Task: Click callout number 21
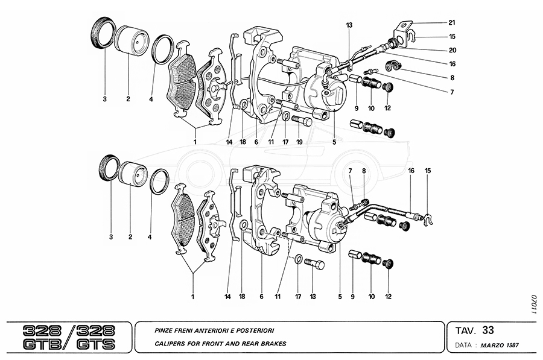(451, 23)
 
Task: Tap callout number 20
(451, 50)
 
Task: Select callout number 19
(299, 143)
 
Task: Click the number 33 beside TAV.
(488, 330)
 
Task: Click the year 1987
(512, 346)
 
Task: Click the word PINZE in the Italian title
(164, 330)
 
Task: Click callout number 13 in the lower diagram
(313, 296)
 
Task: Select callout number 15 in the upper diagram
(451, 36)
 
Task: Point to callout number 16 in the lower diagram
(411, 171)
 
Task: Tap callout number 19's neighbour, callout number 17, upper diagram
(285, 143)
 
